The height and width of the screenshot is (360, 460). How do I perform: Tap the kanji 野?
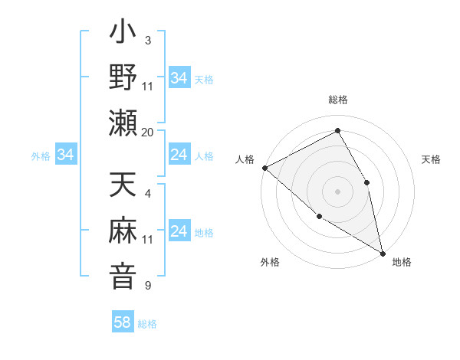click(123, 78)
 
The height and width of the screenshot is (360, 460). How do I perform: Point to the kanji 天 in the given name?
click(123, 188)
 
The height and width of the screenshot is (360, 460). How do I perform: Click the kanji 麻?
click(123, 231)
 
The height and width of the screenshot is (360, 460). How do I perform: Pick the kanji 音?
click(123, 276)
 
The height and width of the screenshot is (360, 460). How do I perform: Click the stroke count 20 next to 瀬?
click(148, 132)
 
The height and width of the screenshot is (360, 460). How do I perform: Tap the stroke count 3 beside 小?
click(148, 40)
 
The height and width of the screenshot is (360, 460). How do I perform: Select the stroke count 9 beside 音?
click(148, 286)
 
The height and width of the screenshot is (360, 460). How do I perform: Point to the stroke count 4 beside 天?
click(148, 194)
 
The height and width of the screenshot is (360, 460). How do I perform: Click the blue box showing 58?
click(123, 322)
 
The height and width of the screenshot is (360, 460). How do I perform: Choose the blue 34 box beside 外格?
click(65, 155)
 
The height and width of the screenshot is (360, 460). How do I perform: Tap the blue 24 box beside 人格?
click(179, 155)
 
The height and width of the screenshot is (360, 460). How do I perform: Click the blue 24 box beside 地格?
click(179, 232)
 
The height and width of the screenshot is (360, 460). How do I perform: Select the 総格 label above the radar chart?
click(337, 100)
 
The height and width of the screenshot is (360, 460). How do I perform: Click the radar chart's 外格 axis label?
click(270, 262)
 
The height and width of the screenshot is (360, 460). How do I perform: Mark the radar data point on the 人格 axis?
click(264, 167)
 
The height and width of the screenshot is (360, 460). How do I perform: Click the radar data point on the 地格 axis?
click(382, 253)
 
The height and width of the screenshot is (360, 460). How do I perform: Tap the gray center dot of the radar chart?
click(337, 191)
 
